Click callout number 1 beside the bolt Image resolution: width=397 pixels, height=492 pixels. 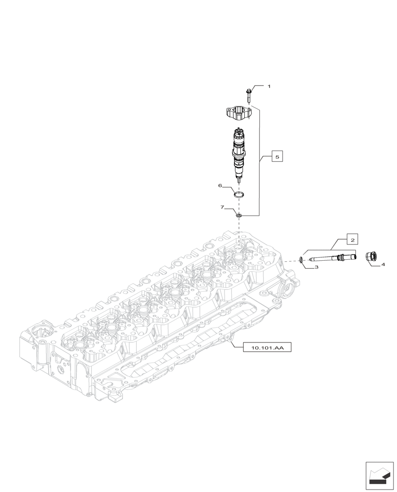(269, 86)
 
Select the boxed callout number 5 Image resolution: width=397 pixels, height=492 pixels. (277, 157)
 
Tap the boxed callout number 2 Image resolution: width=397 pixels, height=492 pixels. (352, 240)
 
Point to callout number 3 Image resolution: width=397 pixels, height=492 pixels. (317, 267)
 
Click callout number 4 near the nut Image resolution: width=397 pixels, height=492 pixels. (383, 265)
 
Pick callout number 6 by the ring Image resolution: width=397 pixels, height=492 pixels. (221, 185)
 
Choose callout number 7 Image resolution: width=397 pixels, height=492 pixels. (223, 208)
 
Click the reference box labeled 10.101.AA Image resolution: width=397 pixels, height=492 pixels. (267, 348)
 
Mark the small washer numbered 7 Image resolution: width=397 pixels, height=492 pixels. (239, 215)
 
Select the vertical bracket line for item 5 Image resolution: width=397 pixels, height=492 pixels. (259, 162)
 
